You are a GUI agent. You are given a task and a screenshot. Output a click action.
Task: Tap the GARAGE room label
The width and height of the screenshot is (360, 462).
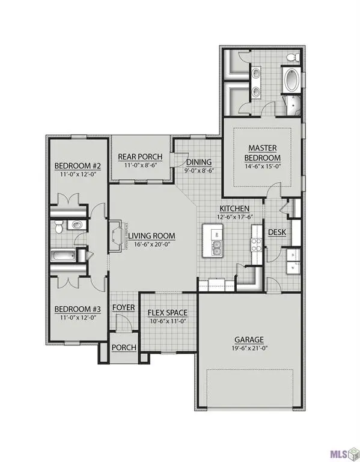pyautogui.click(x=249, y=339)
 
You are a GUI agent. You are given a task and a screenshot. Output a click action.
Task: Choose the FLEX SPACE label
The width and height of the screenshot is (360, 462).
pyautogui.click(x=168, y=313)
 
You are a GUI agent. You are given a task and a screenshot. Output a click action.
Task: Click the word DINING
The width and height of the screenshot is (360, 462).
pyautogui.click(x=199, y=162)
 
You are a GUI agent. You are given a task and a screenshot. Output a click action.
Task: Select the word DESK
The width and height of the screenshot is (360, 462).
pyautogui.click(x=276, y=232)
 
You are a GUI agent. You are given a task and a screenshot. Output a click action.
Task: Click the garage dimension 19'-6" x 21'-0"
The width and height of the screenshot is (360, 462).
pyautogui.click(x=249, y=348)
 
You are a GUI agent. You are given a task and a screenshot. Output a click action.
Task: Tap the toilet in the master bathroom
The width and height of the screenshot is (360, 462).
pyautogui.click(x=293, y=58)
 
